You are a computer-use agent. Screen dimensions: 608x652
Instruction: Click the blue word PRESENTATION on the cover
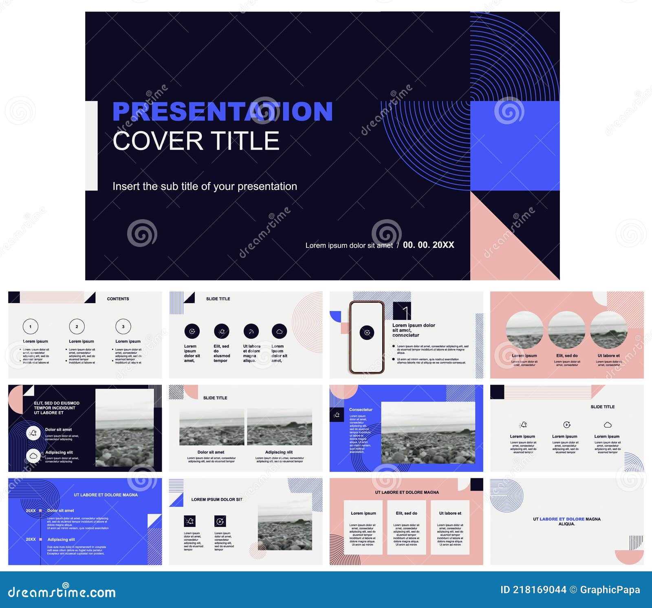pos(222,112)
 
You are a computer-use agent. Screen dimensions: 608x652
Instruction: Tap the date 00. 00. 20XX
pos(428,245)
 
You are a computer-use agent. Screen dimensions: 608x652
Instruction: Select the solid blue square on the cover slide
pos(515,145)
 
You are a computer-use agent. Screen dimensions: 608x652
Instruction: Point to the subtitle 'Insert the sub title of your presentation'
pos(205,186)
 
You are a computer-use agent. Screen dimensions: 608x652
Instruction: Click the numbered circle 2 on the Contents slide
pos(77,326)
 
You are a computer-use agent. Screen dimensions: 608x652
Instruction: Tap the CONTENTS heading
pos(118,299)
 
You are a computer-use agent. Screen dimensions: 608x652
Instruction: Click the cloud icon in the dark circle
pos(279,331)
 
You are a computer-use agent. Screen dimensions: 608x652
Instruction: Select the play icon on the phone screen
pos(367,333)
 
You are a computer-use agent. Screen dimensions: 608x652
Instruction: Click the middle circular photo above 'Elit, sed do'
pos(566,330)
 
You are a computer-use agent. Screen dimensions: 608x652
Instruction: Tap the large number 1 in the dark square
pos(405,312)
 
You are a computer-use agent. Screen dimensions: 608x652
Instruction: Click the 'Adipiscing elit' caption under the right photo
pos(279,452)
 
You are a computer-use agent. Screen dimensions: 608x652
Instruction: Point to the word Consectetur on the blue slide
pos(361,410)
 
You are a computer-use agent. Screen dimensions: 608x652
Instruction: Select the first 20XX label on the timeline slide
pos(31,511)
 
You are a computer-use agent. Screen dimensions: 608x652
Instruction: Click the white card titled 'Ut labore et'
pos(450,527)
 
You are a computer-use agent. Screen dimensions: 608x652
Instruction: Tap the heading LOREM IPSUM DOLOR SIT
pos(217,499)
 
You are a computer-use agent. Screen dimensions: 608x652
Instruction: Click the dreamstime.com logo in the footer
pos(62,592)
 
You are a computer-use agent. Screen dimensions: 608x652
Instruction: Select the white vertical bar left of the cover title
pos(91,145)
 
